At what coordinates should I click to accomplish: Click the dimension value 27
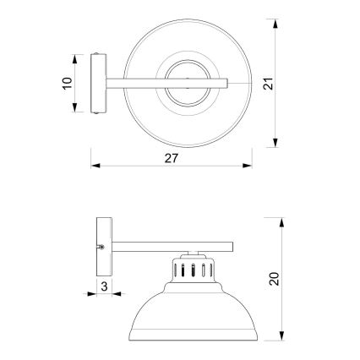pyautogui.click(x=172, y=157)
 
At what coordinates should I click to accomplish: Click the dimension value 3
pyautogui.click(x=103, y=287)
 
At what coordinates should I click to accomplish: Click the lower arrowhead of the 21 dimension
pyautogui.click(x=278, y=143)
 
